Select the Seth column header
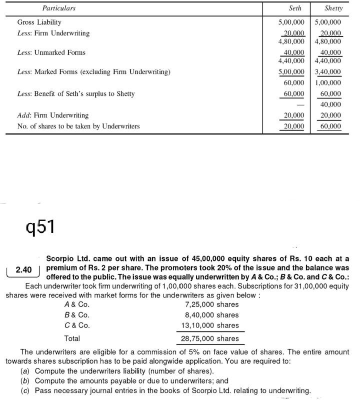pyautogui.click(x=295, y=8)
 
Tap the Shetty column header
pyautogui.click(x=333, y=8)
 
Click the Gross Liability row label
pyautogui.click(x=39, y=22)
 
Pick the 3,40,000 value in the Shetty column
pyautogui.click(x=328, y=72)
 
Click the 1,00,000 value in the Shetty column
pyautogui.click(x=328, y=83)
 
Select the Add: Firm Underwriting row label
pyautogui.click(x=52, y=115)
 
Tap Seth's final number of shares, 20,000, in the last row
pyautogui.click(x=294, y=126)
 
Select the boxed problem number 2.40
pyautogui.click(x=23, y=270)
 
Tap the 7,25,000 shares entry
pyautogui.click(x=211, y=304)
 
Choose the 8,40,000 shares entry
pyautogui.click(x=211, y=315)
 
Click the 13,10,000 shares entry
pyautogui.click(x=210, y=325)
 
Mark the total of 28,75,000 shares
pyautogui.click(x=210, y=338)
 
